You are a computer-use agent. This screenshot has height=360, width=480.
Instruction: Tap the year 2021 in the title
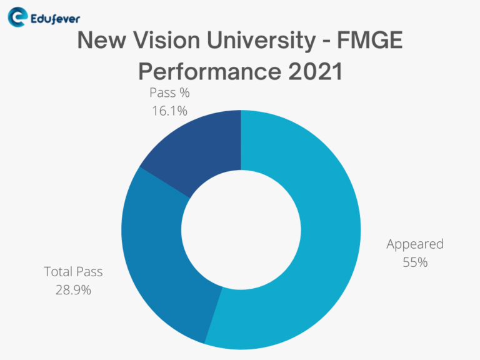(313, 71)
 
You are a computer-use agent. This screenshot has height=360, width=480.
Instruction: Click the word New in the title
(99, 41)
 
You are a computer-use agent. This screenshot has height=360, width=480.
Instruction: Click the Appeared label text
(415, 244)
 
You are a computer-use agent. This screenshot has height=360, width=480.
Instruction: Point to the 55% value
(415, 262)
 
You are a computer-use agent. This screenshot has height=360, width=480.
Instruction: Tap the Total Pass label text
(73, 272)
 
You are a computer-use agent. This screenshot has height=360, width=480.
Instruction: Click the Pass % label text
(169, 93)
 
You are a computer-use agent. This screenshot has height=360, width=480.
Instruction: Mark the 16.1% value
(169, 111)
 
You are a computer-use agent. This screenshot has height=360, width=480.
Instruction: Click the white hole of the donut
(241, 230)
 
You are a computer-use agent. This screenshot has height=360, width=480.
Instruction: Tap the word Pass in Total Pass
(89, 272)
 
